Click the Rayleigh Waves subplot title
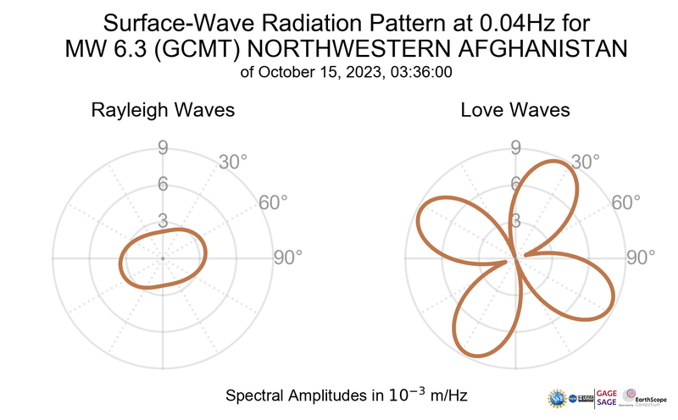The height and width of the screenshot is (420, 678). tap(163, 110)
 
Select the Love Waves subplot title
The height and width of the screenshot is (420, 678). tap(515, 110)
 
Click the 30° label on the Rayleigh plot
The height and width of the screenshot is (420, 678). tap(233, 162)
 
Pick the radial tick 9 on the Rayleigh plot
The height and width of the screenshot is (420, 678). tap(162, 149)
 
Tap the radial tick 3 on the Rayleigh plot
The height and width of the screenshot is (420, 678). tap(162, 220)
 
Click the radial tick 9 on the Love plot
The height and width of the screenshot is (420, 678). tap(514, 149)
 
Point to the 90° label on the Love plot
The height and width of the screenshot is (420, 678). tap(641, 257)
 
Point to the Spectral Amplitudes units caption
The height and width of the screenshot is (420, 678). tap(346, 395)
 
